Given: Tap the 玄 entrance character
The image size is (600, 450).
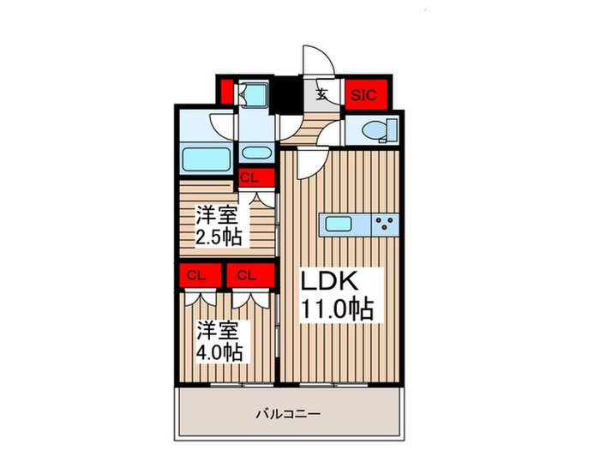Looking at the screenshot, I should (321, 95).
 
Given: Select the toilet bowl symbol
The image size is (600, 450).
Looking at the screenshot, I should (377, 131).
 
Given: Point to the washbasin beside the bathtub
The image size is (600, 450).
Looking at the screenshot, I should (255, 153).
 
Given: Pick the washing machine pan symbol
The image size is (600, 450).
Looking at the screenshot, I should (255, 94).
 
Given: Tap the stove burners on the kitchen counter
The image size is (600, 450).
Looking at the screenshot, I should (385, 225).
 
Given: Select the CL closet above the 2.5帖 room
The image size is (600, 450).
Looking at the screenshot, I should (249, 178).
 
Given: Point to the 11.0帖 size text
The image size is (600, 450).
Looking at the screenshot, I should (336, 308).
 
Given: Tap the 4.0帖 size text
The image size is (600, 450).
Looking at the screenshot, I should (219, 351).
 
